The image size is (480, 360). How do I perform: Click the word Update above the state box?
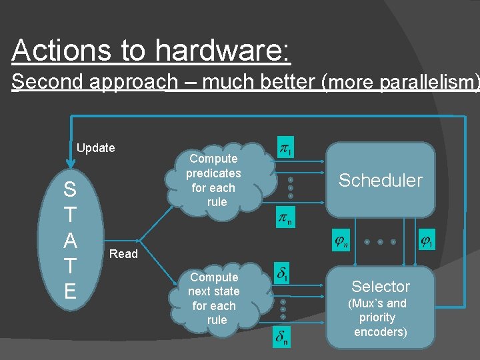click(x=96, y=148)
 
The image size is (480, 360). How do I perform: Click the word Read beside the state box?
click(x=123, y=254)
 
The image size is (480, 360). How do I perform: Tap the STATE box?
click(x=70, y=240)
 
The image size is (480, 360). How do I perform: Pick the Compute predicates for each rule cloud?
click(x=213, y=180)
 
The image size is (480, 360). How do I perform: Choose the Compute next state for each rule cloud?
click(x=213, y=298)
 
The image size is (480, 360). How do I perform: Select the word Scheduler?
click(x=380, y=180)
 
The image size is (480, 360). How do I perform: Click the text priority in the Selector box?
click(x=377, y=318)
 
